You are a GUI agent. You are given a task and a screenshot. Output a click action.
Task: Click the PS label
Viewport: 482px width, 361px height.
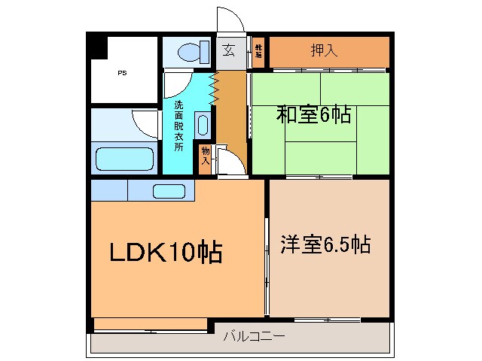tap(121, 74)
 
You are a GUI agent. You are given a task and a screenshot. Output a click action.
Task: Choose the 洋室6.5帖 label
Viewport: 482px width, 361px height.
tap(325, 244)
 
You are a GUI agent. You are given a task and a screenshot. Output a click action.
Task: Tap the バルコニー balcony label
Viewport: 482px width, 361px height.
tap(254, 337)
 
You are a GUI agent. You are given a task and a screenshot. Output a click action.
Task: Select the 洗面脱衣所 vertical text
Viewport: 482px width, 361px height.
tap(178, 126)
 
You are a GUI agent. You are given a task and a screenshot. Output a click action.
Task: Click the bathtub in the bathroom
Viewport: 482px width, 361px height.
tap(125, 159)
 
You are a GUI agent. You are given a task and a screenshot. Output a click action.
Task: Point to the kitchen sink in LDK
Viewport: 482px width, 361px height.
tap(169, 191)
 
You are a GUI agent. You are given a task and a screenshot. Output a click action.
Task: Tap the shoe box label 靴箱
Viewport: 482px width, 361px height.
tap(258, 51)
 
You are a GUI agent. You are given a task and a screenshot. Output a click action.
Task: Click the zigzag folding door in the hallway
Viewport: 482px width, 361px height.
tap(214, 89)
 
